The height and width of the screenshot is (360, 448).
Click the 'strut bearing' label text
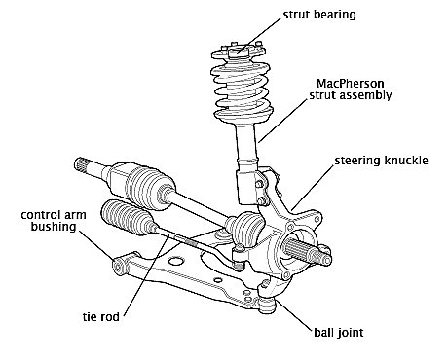[x=319, y=15]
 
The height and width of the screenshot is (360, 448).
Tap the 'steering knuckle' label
[x=382, y=161]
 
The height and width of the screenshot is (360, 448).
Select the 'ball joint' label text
[x=339, y=333]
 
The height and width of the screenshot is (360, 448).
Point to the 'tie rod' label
[x=101, y=316]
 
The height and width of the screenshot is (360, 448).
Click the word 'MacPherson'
[x=351, y=84]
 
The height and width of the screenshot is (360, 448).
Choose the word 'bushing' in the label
[x=54, y=227]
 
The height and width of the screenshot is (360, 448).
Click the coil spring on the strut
[x=243, y=93]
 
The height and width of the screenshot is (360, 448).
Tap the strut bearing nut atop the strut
[x=238, y=52]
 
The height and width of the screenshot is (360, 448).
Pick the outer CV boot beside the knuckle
[x=245, y=228]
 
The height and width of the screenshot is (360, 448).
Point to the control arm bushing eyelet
[x=118, y=267]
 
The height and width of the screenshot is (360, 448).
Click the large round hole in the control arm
[x=175, y=260]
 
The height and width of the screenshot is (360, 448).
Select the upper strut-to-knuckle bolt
[x=259, y=184]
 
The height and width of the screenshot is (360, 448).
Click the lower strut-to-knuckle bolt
[x=263, y=200]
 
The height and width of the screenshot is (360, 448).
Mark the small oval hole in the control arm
[x=218, y=279]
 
